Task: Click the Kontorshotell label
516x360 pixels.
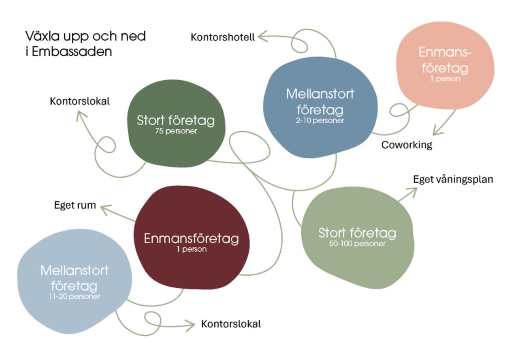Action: pos(223,37)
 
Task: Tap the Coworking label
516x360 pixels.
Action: pos(407,145)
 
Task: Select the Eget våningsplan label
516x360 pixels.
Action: pos(453,179)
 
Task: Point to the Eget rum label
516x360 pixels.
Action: pos(75,205)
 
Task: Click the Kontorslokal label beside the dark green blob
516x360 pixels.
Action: pos(80,101)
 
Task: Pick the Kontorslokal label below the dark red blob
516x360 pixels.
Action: pos(231,324)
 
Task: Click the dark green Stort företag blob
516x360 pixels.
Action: pos(176,138)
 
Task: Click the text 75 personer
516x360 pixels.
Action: pos(176,131)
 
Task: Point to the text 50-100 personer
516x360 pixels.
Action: pos(357,244)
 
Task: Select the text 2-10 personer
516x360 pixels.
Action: pos(320,120)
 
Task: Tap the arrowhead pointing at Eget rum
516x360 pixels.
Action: pos(104,208)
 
